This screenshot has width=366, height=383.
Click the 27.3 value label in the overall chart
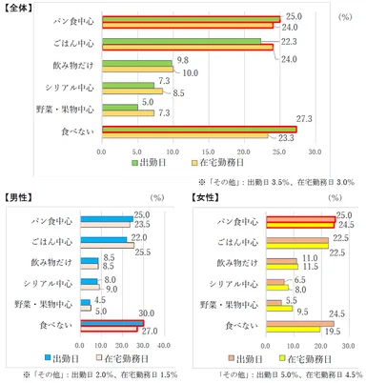coord(305,119)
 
